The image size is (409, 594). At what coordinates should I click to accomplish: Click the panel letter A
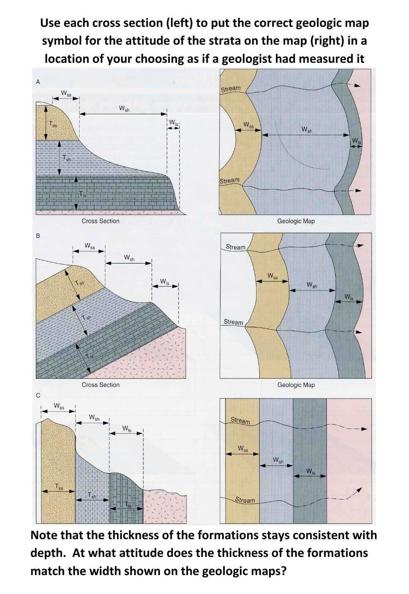pos(38,81)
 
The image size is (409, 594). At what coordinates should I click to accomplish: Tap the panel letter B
pos(38,236)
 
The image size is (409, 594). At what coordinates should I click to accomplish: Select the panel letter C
pos(38,395)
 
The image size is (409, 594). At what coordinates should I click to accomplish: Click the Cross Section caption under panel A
pos(100,221)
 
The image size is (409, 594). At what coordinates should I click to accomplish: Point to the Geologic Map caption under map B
pos(296,385)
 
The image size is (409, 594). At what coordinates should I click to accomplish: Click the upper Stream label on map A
pos(230,89)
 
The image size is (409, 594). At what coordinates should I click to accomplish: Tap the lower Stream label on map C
pos(245,500)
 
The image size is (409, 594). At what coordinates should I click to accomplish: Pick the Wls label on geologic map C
pos(310,471)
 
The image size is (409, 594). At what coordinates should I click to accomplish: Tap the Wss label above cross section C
pos(59,406)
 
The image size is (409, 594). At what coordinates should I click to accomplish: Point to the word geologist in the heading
pos(254,59)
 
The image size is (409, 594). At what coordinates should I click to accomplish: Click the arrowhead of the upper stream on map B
pos(361,246)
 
